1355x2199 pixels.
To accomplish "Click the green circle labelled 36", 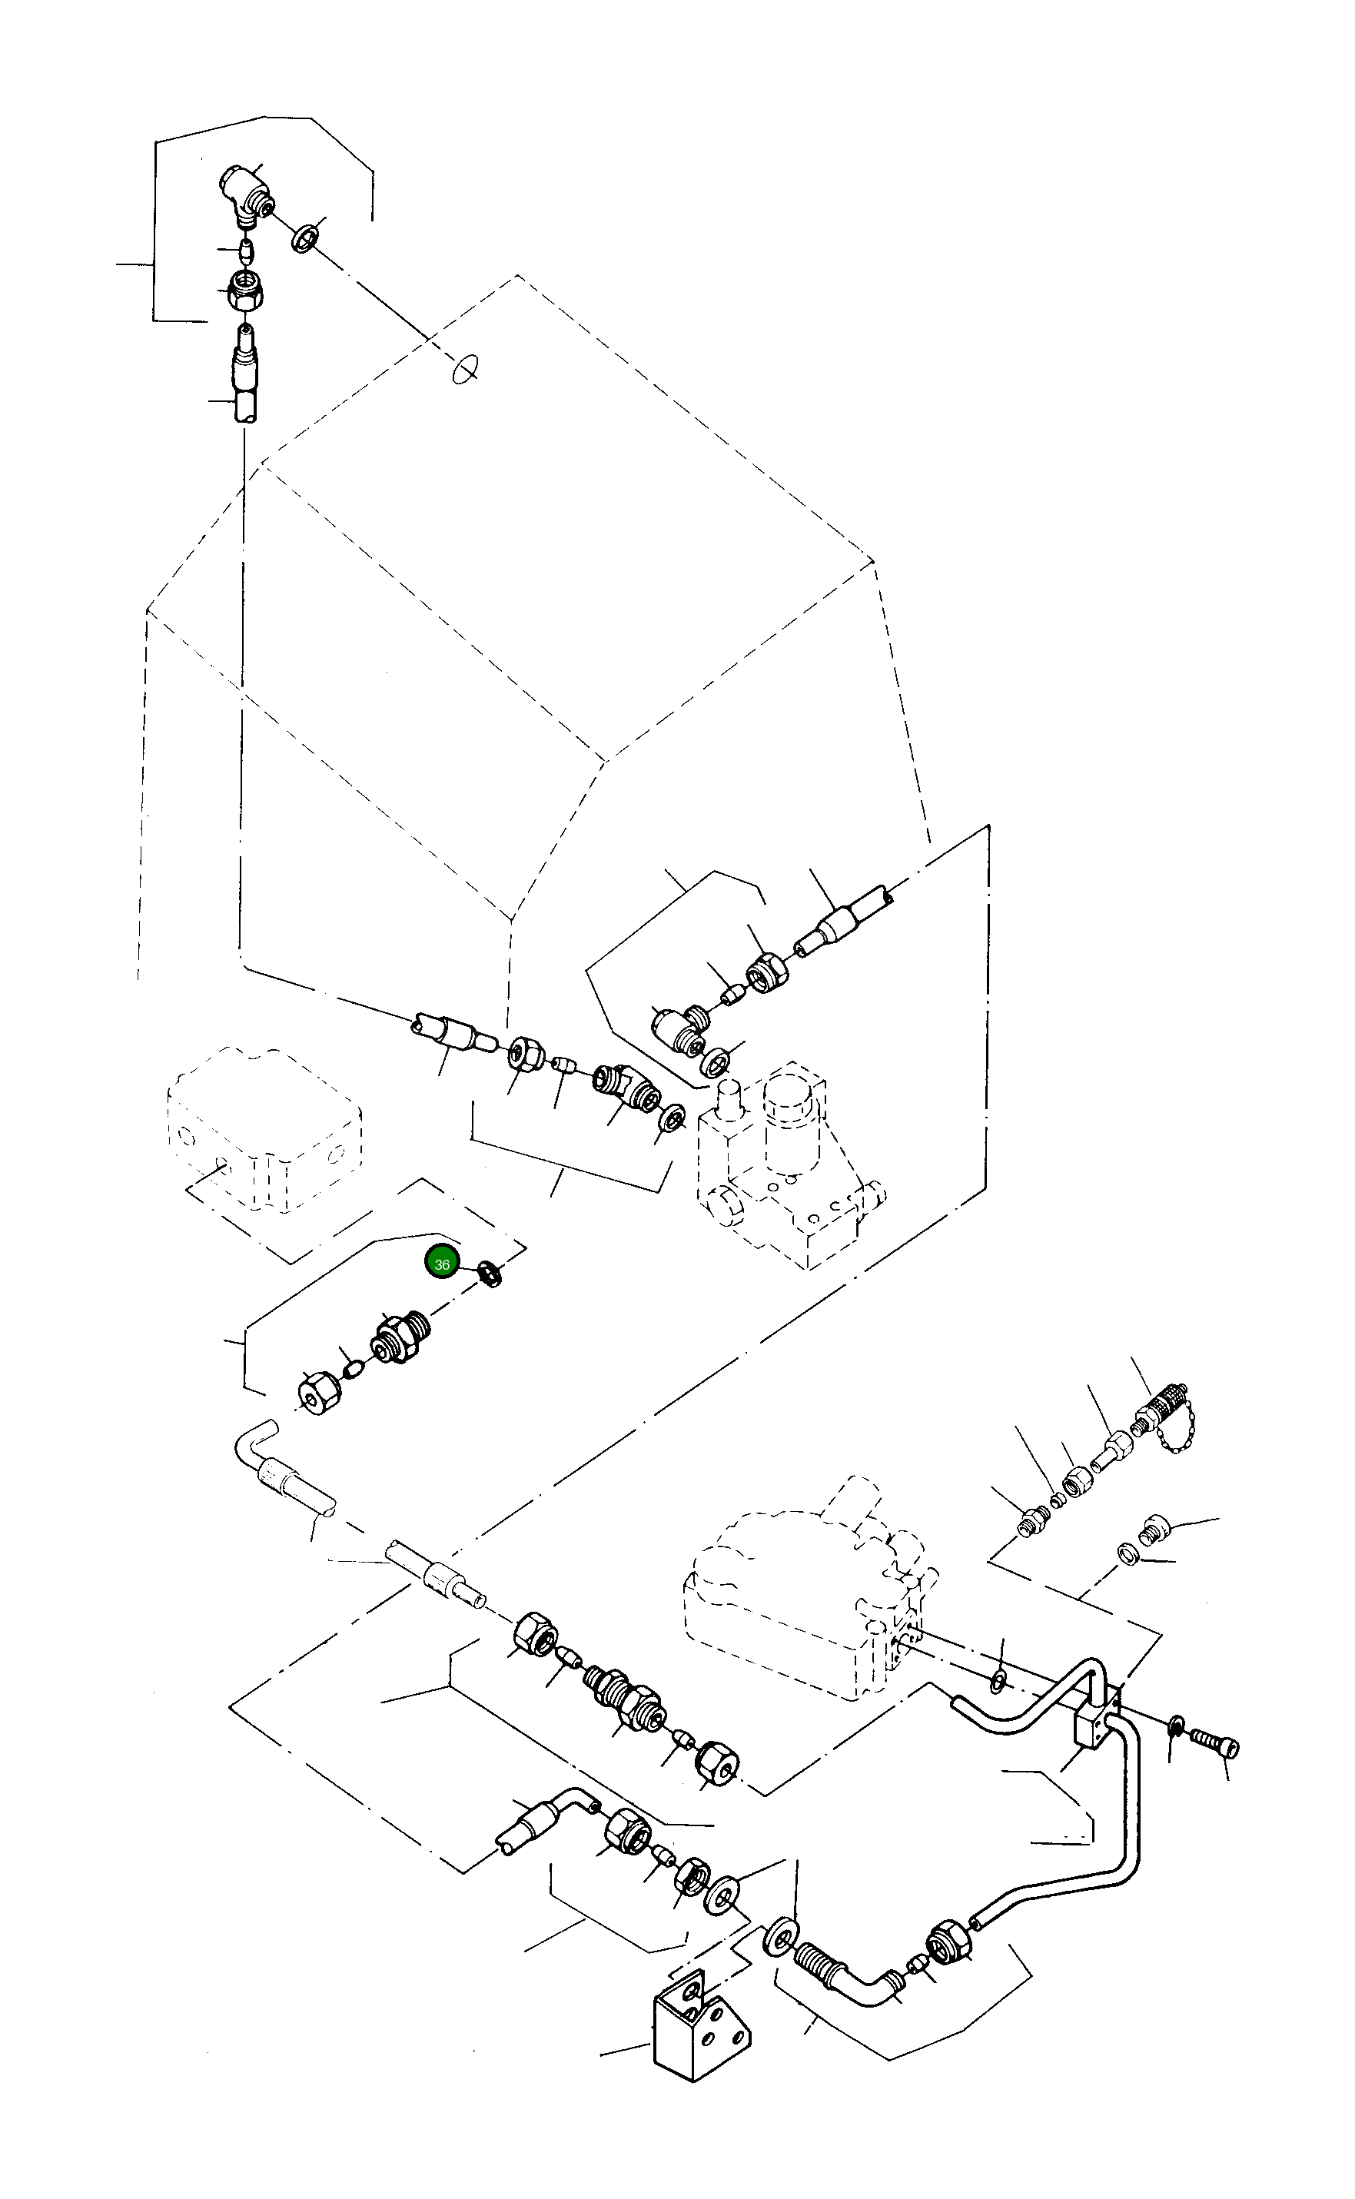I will tap(442, 1264).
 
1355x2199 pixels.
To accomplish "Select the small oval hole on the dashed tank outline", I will tap(465, 368).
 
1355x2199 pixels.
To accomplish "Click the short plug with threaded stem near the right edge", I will tap(1151, 1528).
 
